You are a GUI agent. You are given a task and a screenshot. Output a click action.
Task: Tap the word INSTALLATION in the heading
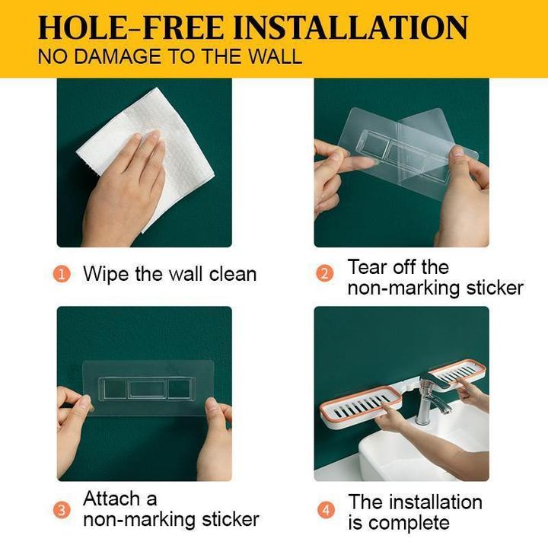[351, 27]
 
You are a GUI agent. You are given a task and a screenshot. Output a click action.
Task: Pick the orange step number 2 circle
[325, 274]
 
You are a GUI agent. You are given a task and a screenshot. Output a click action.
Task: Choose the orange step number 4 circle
[327, 510]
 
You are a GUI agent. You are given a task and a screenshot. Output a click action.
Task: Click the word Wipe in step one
[107, 274]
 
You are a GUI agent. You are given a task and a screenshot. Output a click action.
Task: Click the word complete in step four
[410, 523]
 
